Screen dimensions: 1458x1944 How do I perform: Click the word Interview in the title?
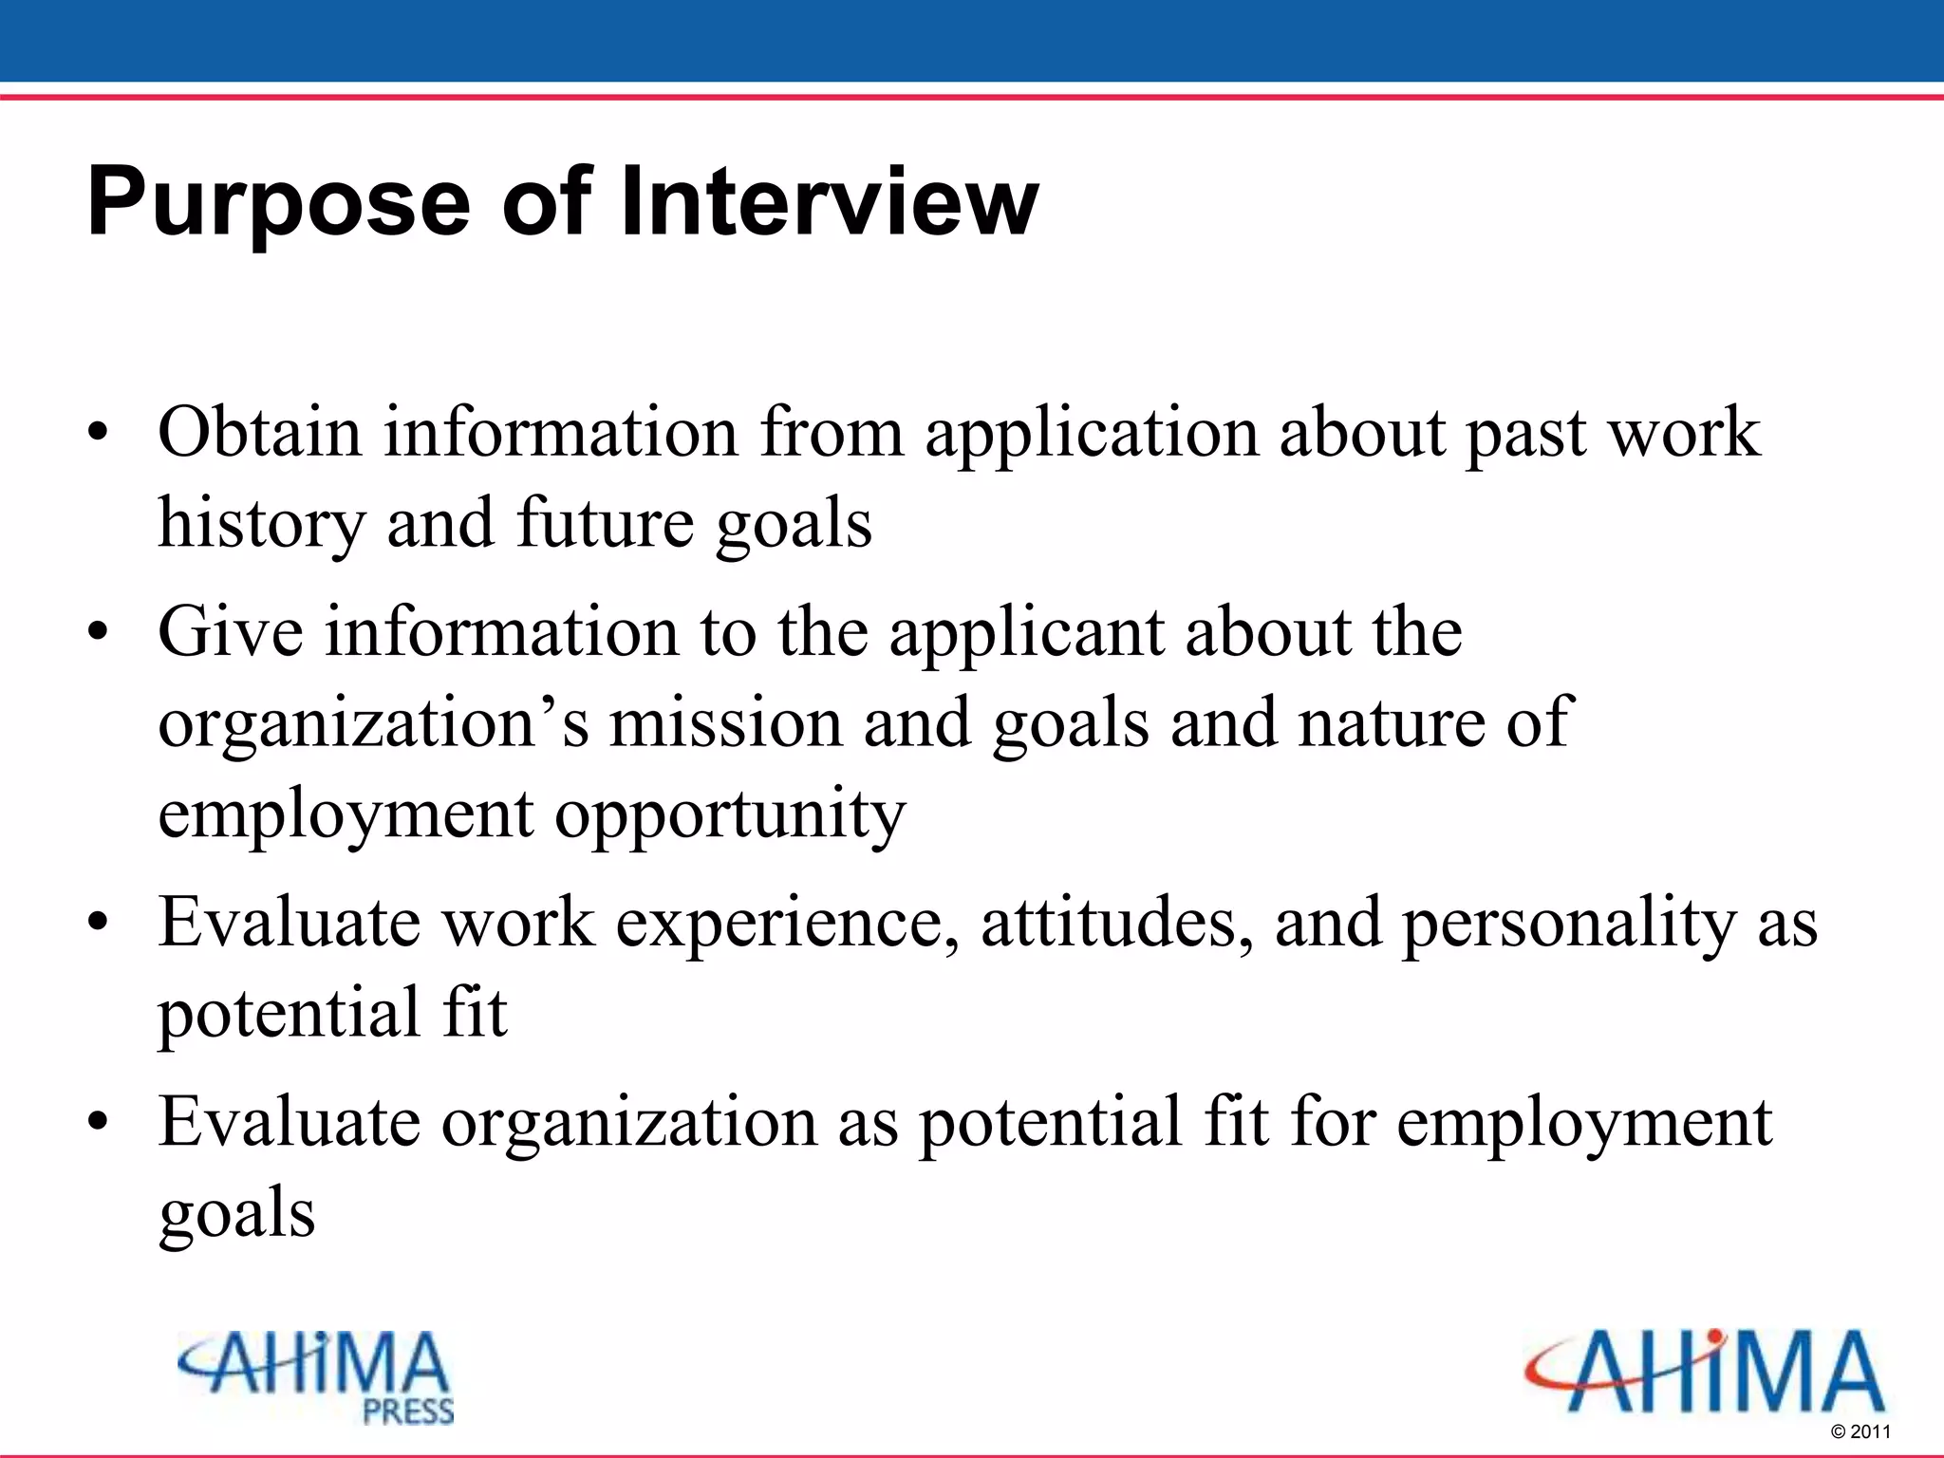click(829, 201)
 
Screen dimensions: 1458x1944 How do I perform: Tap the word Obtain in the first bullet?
click(259, 432)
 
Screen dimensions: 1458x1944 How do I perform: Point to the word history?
click(261, 525)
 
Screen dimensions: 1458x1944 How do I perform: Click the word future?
click(605, 523)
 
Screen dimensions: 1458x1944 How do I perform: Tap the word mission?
click(725, 723)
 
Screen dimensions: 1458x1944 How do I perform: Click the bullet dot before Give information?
click(98, 634)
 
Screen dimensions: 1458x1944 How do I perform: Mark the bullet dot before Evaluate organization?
click(98, 1124)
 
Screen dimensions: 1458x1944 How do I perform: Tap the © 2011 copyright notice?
click(1860, 1431)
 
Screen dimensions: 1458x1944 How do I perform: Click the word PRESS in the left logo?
click(408, 1411)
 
